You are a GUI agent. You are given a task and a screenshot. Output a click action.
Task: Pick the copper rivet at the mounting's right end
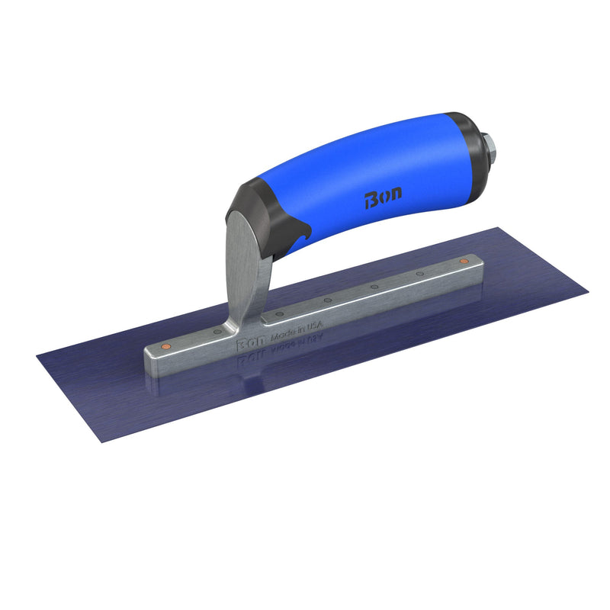tap(464, 262)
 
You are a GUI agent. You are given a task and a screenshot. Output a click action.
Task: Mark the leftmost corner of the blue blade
tap(37, 354)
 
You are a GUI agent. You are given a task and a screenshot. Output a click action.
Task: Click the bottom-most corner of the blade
tap(101, 444)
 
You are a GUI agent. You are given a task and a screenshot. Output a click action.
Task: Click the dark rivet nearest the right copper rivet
tap(419, 274)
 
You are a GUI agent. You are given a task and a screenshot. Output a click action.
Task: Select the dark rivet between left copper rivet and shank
tap(217, 332)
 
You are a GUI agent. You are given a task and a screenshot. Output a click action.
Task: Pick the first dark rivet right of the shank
tap(279, 313)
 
